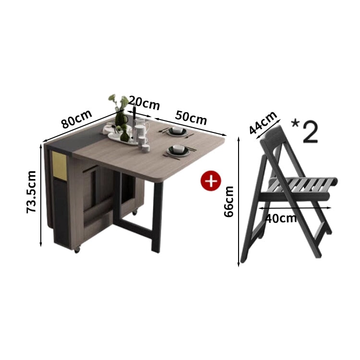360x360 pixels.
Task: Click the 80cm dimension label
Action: click(x=77, y=119)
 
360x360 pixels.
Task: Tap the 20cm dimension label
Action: click(x=144, y=103)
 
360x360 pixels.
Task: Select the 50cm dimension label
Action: click(x=191, y=118)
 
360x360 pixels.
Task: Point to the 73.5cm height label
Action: click(x=31, y=192)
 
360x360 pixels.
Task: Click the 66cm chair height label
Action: click(x=228, y=202)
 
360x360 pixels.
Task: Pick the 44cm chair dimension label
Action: click(x=263, y=122)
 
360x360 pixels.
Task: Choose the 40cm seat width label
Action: click(x=281, y=218)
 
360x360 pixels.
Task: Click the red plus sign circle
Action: click(x=211, y=180)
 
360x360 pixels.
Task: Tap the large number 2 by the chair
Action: click(x=311, y=132)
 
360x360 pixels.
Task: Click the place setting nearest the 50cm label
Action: click(x=177, y=132)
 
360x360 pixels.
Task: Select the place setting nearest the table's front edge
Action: click(x=180, y=152)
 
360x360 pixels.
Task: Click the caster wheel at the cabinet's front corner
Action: click(x=77, y=250)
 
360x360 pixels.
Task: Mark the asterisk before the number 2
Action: click(x=295, y=124)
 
